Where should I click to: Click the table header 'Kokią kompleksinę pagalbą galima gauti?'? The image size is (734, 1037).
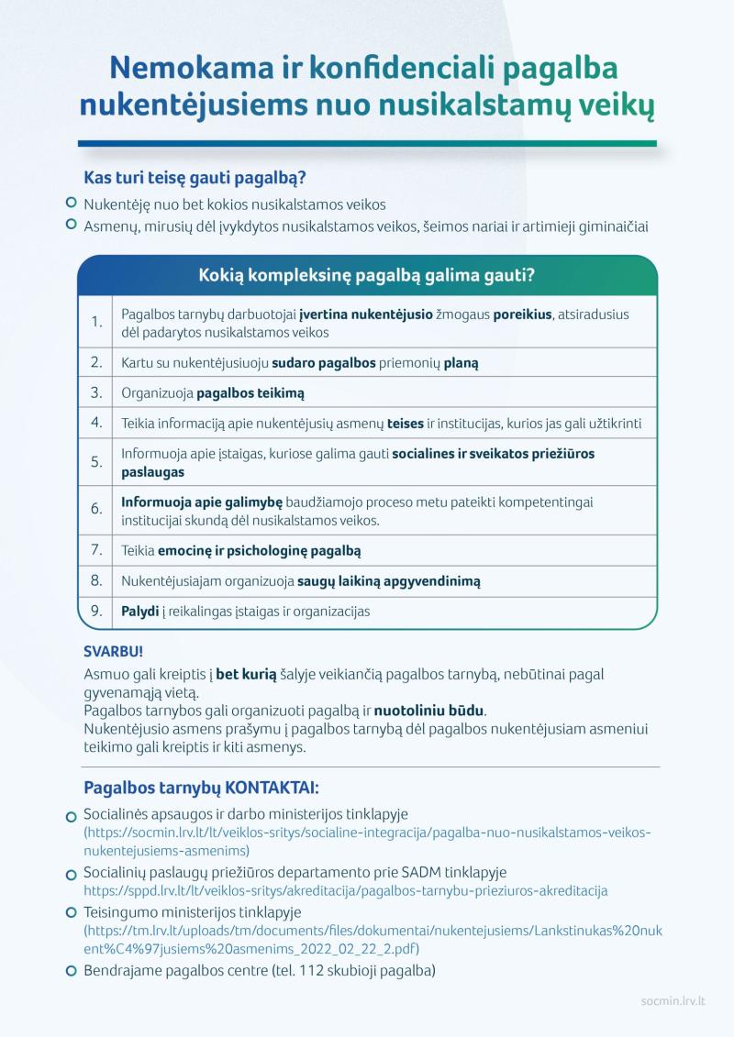pos(367,275)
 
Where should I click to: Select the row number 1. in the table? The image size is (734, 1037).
pos(96,322)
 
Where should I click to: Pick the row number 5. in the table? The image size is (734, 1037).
pos(96,462)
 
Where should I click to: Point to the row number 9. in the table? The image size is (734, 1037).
pos(96,611)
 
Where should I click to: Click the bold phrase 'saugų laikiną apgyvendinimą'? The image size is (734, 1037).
pos(388,581)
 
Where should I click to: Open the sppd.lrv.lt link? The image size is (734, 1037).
pos(345,890)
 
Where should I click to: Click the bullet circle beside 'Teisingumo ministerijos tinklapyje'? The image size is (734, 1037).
pos(72,913)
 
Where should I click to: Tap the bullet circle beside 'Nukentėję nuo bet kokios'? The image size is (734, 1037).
pos(72,204)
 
